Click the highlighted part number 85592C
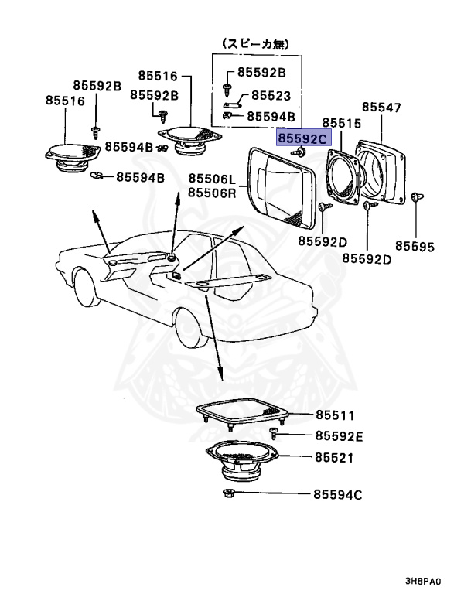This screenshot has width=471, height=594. [303, 138]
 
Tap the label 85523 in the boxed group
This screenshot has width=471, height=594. [269, 96]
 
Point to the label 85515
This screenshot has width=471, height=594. [341, 123]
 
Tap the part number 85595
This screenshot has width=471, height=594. [415, 247]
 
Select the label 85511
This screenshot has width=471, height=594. [334, 416]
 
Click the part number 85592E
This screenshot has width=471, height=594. [338, 436]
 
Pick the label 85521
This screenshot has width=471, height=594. [334, 458]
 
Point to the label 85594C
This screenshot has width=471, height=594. [337, 494]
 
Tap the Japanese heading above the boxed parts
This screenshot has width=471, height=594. [258, 45]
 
